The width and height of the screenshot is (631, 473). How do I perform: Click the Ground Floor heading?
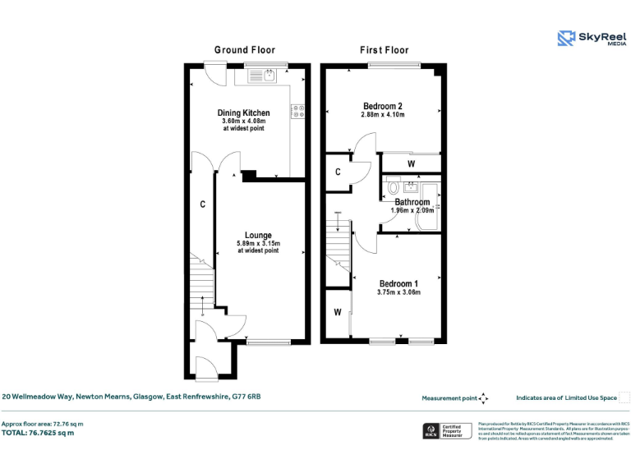click(x=245, y=50)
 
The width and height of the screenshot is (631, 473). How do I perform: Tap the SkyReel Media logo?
click(x=591, y=39)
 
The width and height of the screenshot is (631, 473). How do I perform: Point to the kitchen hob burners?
click(x=297, y=113)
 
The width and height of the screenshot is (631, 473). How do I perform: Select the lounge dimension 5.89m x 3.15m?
click(x=258, y=243)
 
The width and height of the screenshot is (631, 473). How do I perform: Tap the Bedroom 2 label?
click(x=383, y=106)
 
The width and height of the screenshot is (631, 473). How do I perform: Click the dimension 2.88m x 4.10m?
click(x=383, y=115)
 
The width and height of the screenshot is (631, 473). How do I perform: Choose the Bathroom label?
click(x=412, y=202)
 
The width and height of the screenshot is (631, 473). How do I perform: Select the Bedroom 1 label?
click(x=398, y=284)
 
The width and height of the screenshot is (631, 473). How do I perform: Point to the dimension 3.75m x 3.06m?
click(x=398, y=292)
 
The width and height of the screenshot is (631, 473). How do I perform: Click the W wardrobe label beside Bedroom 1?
click(x=337, y=313)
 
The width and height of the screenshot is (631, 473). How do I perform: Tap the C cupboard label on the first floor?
click(x=338, y=172)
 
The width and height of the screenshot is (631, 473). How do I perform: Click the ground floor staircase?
click(x=202, y=283)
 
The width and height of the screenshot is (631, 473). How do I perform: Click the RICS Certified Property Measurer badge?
click(x=444, y=431)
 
